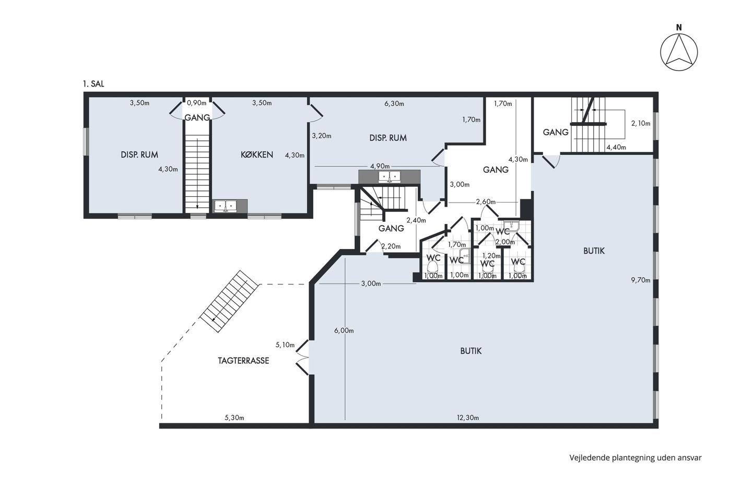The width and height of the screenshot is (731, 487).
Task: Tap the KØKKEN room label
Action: pyautogui.click(x=257, y=155)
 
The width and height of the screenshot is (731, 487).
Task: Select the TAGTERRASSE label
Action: pyautogui.click(x=243, y=361)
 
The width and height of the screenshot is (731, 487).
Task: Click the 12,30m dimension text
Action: pyautogui.click(x=468, y=418)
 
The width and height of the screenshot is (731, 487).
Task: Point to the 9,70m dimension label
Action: pyautogui.click(x=641, y=280)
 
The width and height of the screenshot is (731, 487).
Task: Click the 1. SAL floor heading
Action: pyautogui.click(x=93, y=84)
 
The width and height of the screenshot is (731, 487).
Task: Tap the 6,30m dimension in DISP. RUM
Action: pyautogui.click(x=394, y=104)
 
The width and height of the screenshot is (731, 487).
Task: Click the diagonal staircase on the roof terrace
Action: pyautogui.click(x=229, y=301)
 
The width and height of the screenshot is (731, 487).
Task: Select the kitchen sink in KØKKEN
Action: pyautogui.click(x=225, y=206)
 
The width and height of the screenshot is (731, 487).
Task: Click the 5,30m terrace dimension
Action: pyautogui.click(x=234, y=418)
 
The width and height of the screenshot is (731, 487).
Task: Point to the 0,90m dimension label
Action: pyautogui.click(x=196, y=103)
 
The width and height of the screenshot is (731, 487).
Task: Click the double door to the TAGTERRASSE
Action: pyautogui.click(x=302, y=357)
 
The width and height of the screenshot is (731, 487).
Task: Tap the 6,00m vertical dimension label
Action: pyautogui.click(x=344, y=330)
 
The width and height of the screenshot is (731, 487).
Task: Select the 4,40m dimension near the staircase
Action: pyautogui.click(x=616, y=147)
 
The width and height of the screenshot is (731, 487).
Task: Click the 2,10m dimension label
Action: pyautogui.click(x=641, y=124)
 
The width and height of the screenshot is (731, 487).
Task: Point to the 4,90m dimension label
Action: pyautogui.click(x=380, y=167)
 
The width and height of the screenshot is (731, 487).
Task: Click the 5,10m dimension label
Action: pyautogui.click(x=285, y=345)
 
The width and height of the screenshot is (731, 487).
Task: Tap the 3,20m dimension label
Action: pyautogui.click(x=322, y=136)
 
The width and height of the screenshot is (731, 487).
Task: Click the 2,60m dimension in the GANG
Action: pyautogui.click(x=486, y=202)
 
